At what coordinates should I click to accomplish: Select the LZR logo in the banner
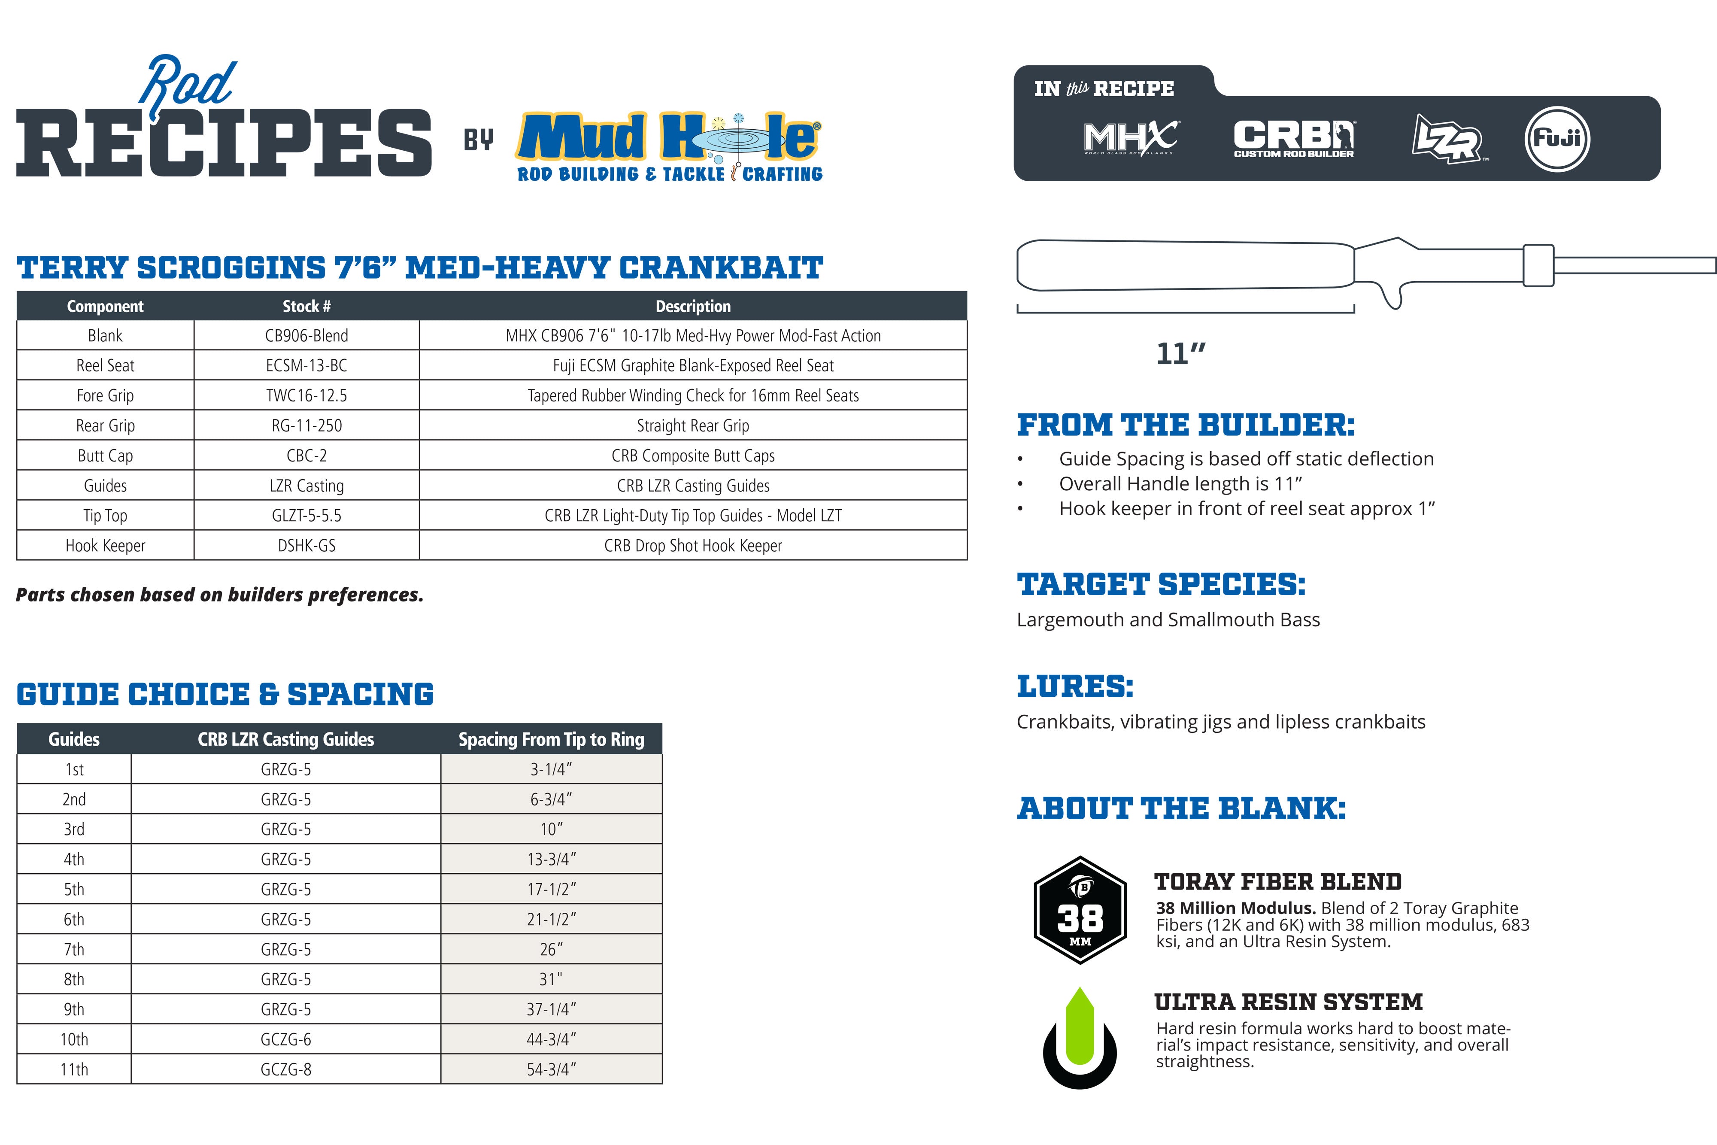(1447, 139)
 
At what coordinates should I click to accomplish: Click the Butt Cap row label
(105, 456)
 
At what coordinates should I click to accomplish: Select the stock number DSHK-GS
(306, 546)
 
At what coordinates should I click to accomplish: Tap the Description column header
(693, 307)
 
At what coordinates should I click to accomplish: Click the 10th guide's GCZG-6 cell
(286, 1039)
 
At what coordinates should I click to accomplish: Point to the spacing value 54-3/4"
(551, 1069)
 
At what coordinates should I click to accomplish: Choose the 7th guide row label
(74, 949)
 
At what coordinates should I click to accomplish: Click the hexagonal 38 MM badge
(1080, 910)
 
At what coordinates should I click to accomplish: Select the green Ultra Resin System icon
(1080, 1037)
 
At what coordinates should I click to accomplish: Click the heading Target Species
(1161, 584)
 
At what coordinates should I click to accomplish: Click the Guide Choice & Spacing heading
(225, 695)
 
